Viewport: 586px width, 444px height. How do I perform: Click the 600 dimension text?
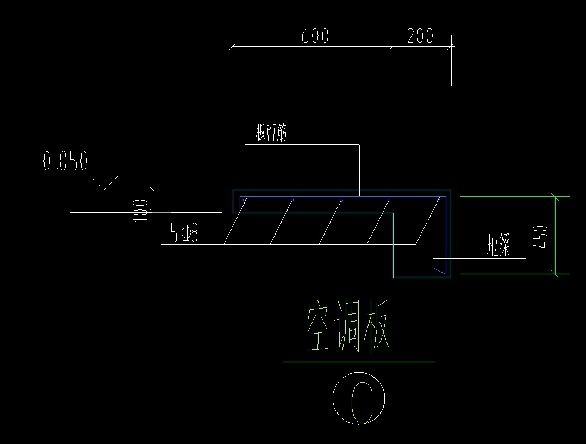pos(315,36)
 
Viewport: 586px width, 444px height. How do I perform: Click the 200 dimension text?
pos(420,36)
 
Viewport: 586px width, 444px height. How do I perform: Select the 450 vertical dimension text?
pos(541,235)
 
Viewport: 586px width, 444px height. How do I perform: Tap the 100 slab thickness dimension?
pos(140,209)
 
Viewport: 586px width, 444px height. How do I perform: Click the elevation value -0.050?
pos(60,162)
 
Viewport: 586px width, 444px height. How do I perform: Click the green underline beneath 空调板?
pos(359,361)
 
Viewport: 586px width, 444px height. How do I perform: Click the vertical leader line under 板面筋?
pos(359,169)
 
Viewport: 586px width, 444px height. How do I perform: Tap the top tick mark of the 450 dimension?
pos(554,196)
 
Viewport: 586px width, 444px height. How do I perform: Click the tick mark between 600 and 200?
pos(394,47)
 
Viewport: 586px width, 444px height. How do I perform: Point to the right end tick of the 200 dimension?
pos(451,47)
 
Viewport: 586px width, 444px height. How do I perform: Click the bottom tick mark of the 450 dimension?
pos(554,274)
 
